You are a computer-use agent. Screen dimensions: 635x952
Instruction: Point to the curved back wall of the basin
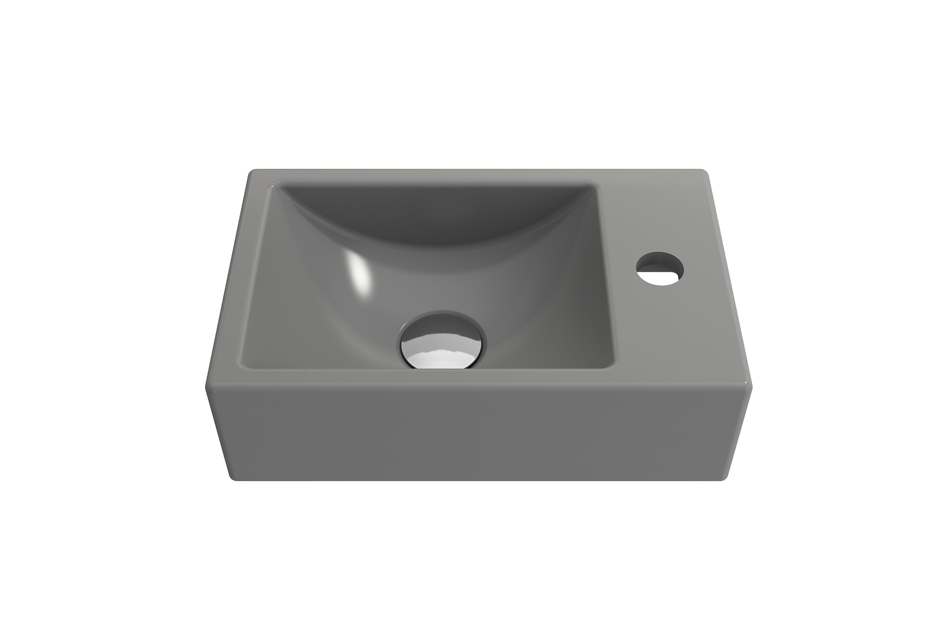[x=434, y=212]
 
